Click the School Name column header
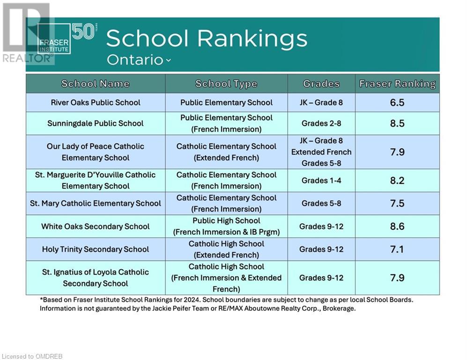[x=95, y=84]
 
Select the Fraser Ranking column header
[x=397, y=84]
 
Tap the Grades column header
[x=321, y=84]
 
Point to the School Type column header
[x=226, y=84]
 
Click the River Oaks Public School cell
[x=95, y=103]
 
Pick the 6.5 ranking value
[x=397, y=103]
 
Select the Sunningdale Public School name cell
[x=95, y=123]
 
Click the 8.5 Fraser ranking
[x=397, y=123]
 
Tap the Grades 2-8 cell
[x=321, y=123]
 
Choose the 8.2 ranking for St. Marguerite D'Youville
[x=397, y=180]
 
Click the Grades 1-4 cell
[x=321, y=180]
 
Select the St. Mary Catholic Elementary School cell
[x=95, y=203]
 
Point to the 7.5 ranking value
[x=397, y=203]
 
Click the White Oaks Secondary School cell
[x=95, y=226]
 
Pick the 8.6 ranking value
[x=397, y=226]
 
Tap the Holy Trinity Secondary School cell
[x=95, y=249]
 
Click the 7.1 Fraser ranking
[x=397, y=249]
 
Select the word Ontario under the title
[x=135, y=60]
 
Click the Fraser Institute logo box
[x=54, y=39]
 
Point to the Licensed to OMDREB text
[x=32, y=356]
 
